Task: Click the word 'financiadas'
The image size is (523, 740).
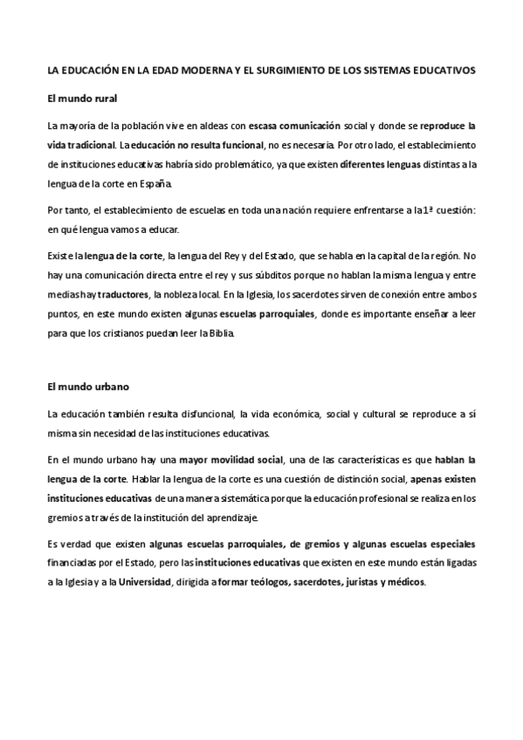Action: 75,563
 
